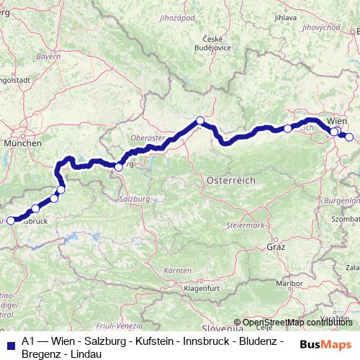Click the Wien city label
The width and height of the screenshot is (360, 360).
(338, 121)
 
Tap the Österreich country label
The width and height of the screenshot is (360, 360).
(230, 179)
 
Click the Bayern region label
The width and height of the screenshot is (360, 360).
(48, 55)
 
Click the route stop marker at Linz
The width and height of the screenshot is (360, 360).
(200, 120)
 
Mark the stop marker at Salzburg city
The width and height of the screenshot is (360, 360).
(119, 167)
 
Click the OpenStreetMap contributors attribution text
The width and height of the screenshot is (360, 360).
(295, 322)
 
